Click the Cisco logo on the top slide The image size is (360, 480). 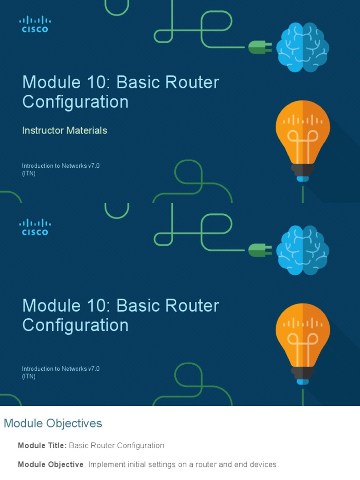35,24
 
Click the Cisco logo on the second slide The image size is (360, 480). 35,227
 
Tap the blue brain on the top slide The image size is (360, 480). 302,47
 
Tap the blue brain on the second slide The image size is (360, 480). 302,250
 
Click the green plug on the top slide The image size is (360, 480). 260,47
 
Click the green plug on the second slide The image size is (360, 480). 260,250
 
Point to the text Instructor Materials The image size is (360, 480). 65,130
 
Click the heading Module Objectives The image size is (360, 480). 53,423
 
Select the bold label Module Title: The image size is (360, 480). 42,445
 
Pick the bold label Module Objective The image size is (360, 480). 51,465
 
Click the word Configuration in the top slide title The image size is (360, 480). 75,102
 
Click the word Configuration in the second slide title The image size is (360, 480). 75,325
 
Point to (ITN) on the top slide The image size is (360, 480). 29,173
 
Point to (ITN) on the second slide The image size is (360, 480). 29,376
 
